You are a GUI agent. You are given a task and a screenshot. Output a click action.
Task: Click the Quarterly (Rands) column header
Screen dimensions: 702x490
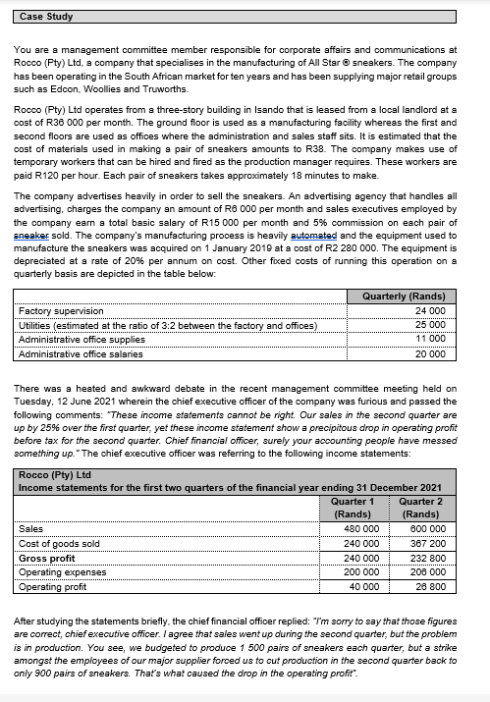(403, 297)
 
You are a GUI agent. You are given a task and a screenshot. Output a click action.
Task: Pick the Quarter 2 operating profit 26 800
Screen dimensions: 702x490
(429, 587)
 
